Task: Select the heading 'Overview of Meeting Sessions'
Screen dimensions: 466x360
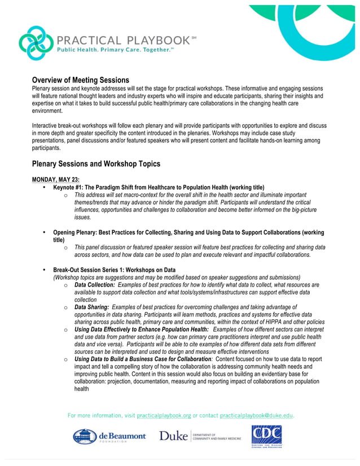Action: point(80,80)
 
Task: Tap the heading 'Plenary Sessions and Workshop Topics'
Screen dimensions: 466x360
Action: point(96,164)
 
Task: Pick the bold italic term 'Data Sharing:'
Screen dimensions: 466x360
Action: point(91,307)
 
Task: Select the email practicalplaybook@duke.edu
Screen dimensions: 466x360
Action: point(256,415)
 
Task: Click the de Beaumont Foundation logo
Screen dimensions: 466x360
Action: point(109,436)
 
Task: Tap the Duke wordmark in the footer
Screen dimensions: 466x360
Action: point(173,436)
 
